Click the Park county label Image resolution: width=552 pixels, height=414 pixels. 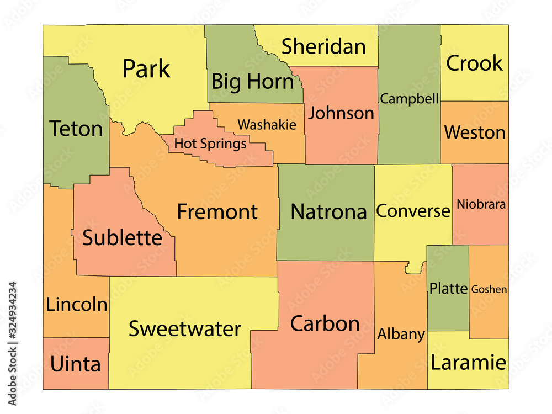click(x=146, y=70)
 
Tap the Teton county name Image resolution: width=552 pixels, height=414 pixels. click(x=76, y=129)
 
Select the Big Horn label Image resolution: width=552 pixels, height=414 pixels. click(x=252, y=82)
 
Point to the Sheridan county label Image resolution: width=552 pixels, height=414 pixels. click(x=323, y=47)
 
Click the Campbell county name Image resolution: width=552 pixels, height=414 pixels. click(x=410, y=99)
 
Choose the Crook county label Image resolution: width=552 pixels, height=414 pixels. click(x=474, y=63)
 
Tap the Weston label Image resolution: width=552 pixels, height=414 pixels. click(x=475, y=132)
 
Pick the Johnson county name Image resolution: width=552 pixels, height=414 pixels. click(x=341, y=113)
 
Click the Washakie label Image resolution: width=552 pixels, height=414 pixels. click(x=267, y=125)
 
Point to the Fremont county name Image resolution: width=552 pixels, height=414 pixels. click(x=217, y=212)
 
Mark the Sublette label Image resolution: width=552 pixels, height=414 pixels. click(x=123, y=238)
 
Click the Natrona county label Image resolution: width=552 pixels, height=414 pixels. click(x=328, y=212)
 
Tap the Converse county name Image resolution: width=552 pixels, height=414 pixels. click(x=413, y=211)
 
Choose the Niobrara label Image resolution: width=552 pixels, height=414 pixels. click(x=481, y=205)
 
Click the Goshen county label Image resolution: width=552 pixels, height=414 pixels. click(x=489, y=289)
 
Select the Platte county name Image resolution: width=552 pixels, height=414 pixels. click(x=448, y=288)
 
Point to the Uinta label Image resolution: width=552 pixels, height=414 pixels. click(x=76, y=364)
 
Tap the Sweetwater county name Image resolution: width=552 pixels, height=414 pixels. click(x=184, y=329)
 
